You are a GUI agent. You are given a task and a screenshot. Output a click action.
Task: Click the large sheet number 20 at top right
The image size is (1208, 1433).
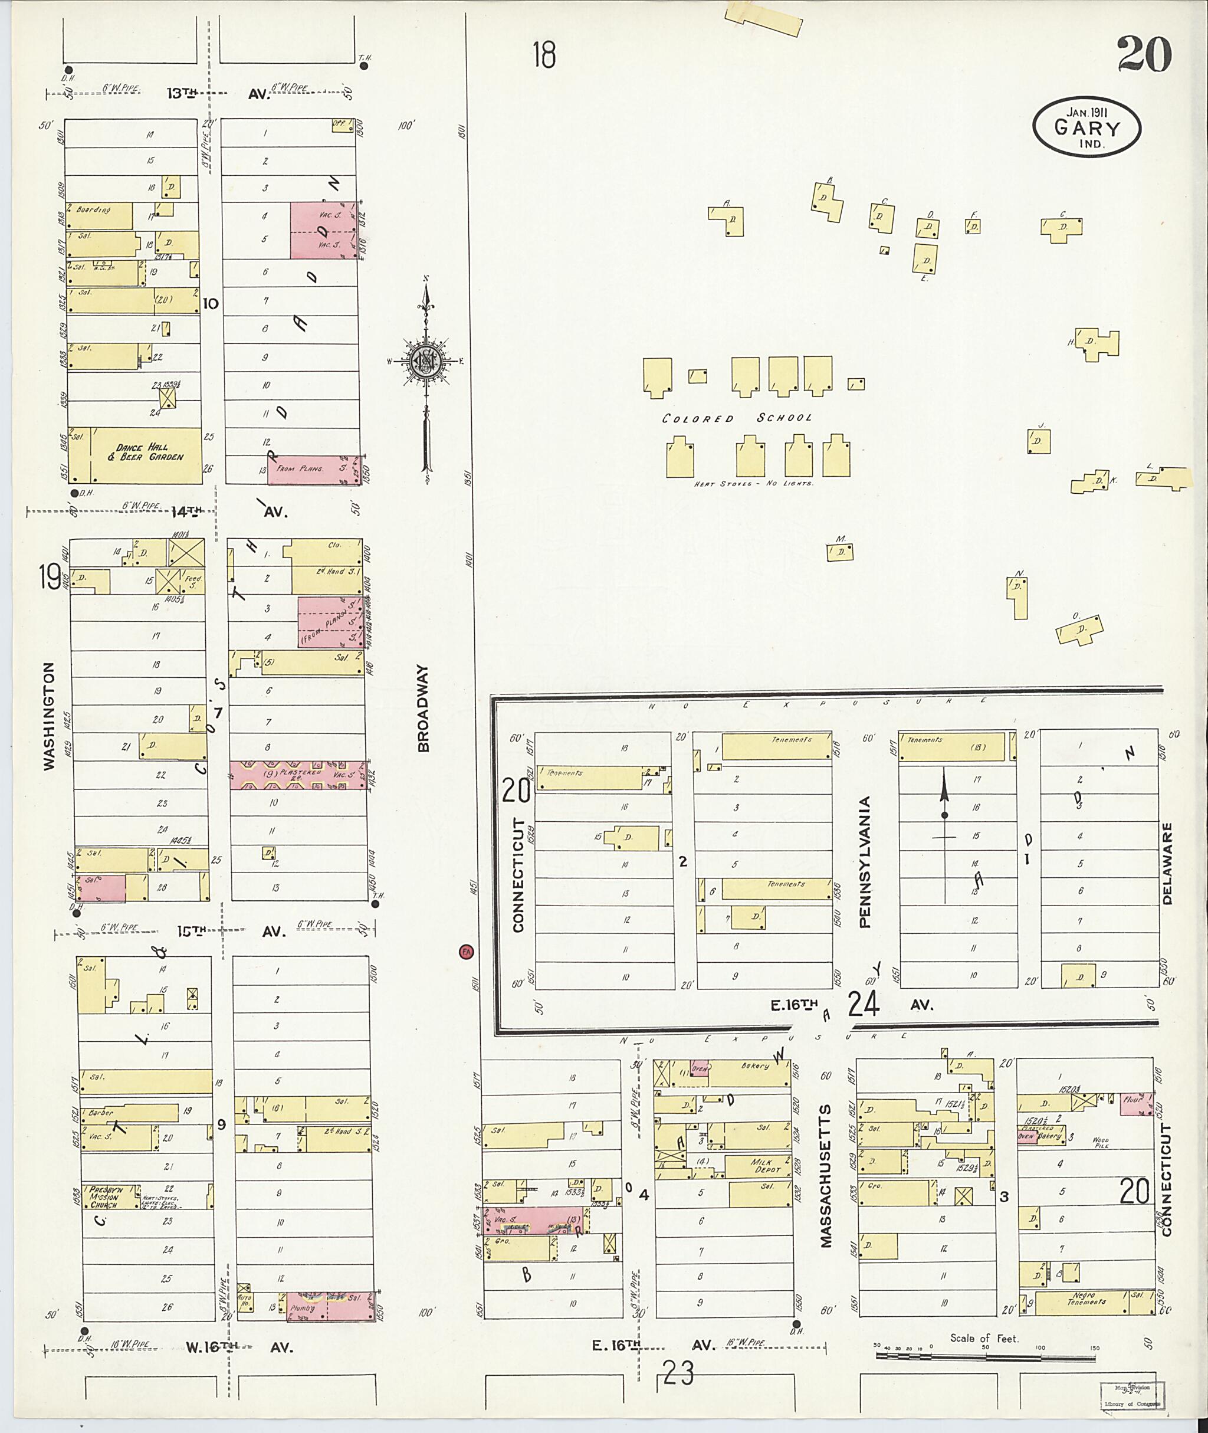tap(1144, 55)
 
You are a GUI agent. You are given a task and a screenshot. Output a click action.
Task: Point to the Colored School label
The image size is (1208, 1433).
tap(737, 418)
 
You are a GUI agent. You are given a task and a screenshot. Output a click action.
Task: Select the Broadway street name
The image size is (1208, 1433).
tap(422, 709)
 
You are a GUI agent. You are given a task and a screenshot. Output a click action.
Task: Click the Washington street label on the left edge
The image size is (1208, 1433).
tap(48, 715)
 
